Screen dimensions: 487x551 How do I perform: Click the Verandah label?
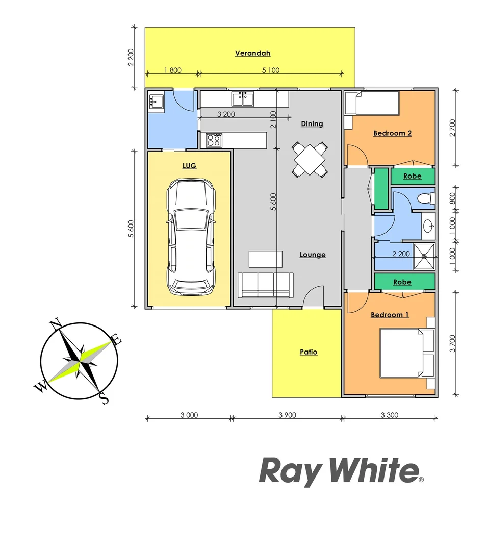click(x=252, y=53)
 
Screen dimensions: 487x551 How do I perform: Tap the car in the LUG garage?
click(x=191, y=237)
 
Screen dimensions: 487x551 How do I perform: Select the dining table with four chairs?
click(x=310, y=160)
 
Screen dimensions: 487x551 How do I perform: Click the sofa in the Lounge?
click(x=266, y=285)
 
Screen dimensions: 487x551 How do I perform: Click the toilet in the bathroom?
click(x=425, y=198)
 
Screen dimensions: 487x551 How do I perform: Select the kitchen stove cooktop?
click(x=214, y=140)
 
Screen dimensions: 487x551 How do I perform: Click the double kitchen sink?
click(x=243, y=98)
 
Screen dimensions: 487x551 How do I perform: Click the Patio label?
click(x=308, y=352)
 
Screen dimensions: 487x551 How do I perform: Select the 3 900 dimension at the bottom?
click(x=287, y=415)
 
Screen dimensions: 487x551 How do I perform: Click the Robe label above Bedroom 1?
click(x=402, y=282)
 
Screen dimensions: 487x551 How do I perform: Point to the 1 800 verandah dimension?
click(x=172, y=70)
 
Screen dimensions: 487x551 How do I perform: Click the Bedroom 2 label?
click(x=392, y=133)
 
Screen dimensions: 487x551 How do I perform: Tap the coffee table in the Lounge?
click(x=265, y=259)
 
